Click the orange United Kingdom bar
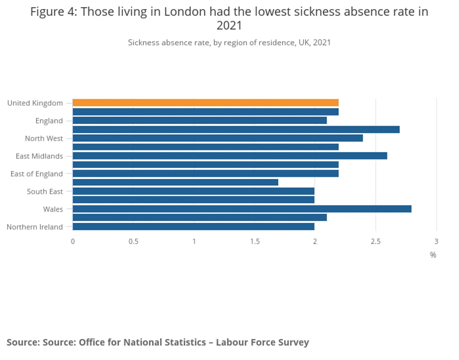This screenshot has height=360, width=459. pos(206,103)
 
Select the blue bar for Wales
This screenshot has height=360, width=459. pos(242,209)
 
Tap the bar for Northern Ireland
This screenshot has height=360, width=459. pos(193,226)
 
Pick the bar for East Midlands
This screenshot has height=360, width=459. pos(230,156)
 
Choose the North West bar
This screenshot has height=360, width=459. pos(218,138)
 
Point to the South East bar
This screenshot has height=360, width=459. pos(193,191)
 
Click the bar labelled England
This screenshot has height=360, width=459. pos(199,121)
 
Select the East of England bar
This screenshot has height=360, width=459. pos(206,174)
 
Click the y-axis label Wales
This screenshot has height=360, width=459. pos(53,209)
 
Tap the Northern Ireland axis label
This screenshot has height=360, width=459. pos(35,227)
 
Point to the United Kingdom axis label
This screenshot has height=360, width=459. pos(35,103)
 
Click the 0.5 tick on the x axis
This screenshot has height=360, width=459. pos(133,241)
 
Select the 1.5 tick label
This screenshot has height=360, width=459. pos(255,241)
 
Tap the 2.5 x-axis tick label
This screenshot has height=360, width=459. pos(375,241)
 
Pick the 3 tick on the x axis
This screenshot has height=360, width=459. pos(436,241)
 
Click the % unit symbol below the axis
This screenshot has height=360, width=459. pos(433,255)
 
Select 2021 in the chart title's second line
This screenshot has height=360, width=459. pos(229,26)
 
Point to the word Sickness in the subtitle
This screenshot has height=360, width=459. pos(143,43)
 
